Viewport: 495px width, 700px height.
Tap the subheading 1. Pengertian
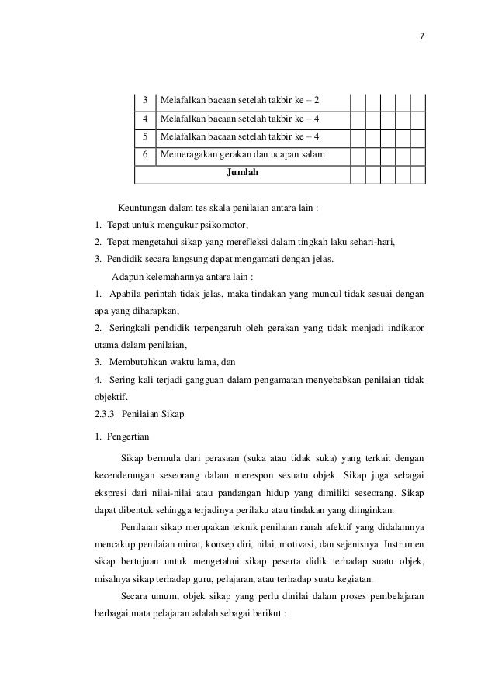(x=120, y=437)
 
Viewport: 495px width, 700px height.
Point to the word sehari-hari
(x=365, y=242)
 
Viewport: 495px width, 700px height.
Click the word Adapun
(x=128, y=276)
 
